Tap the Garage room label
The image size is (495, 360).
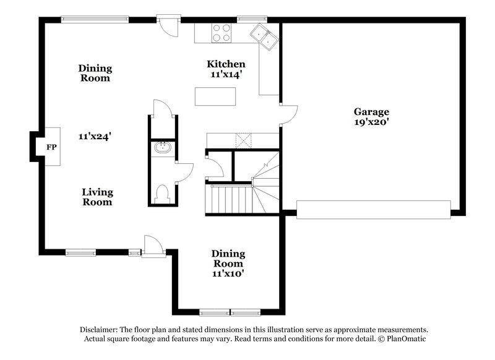371,112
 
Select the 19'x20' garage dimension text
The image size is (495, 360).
371,122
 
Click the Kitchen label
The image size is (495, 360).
226,64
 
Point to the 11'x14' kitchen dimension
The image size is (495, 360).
226,74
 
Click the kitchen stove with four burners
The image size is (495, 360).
221,33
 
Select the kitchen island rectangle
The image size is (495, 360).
215,97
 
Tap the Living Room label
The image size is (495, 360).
97,197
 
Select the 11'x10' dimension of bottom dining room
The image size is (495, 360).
228,272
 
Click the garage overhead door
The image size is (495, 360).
373,209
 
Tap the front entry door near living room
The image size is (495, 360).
152,246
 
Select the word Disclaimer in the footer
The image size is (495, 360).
99,330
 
